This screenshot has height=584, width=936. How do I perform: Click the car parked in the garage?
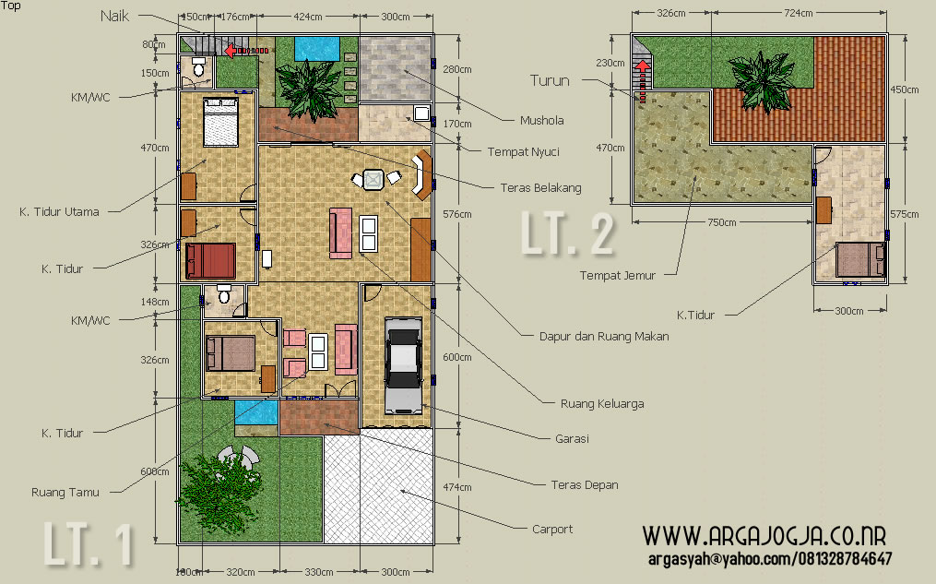pyautogui.click(x=404, y=364)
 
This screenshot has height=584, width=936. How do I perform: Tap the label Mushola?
pyautogui.click(x=541, y=121)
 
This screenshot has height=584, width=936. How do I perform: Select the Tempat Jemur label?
pyautogui.click(x=617, y=275)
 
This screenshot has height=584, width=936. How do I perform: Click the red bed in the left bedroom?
pyautogui.click(x=210, y=260)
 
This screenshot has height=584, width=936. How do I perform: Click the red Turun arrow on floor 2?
pyautogui.click(x=643, y=80)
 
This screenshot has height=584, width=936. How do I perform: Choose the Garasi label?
pyautogui.click(x=572, y=439)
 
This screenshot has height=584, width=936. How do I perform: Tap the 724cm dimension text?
pyautogui.click(x=798, y=13)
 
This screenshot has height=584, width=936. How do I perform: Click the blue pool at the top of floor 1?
pyautogui.click(x=317, y=48)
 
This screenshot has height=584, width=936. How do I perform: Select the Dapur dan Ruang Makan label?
pyautogui.click(x=604, y=336)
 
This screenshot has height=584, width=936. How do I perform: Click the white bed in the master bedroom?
pyautogui.click(x=221, y=122)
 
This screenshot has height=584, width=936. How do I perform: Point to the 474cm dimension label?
pyautogui.click(x=457, y=487)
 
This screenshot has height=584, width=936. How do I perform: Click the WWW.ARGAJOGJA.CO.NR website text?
pyautogui.click(x=764, y=536)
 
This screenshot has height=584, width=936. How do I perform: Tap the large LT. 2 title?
pyautogui.click(x=567, y=233)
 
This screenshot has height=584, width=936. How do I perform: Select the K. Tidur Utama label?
pyautogui.click(x=59, y=211)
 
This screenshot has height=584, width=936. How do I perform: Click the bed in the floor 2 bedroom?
pyautogui.click(x=860, y=259)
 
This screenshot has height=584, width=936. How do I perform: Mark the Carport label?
pyautogui.click(x=552, y=529)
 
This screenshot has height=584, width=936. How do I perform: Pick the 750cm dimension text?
pyautogui.click(x=722, y=222)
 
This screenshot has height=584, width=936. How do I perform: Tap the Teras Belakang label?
pyautogui.click(x=540, y=188)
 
